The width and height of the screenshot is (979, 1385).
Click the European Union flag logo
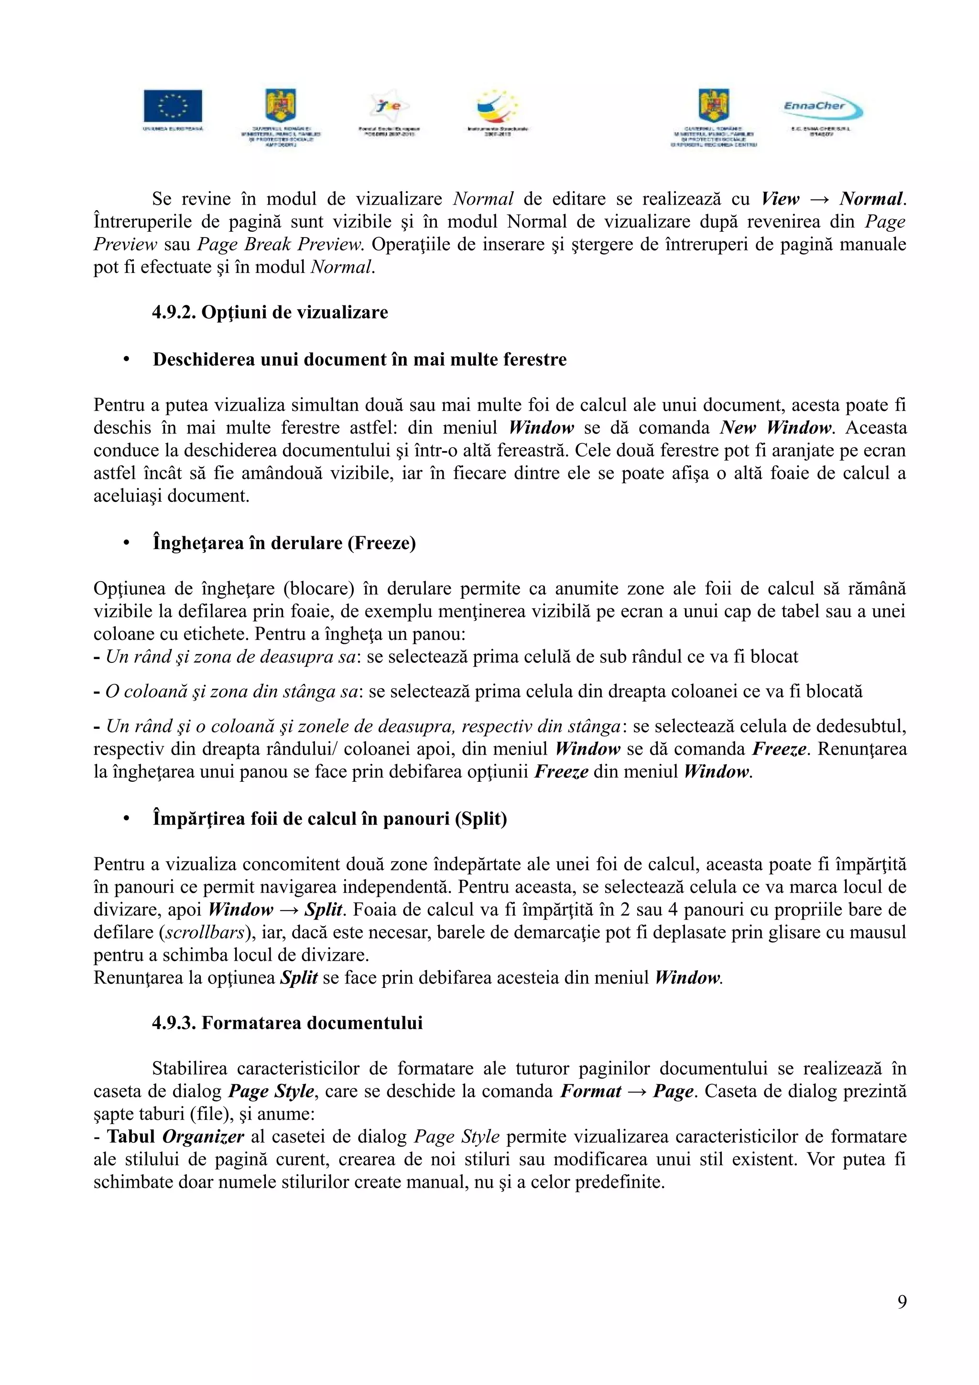(173, 106)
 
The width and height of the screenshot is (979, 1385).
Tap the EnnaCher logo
(822, 108)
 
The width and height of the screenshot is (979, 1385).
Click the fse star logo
(389, 107)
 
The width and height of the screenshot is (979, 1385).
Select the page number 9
(901, 1302)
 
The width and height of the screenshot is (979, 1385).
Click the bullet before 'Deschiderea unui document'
(127, 360)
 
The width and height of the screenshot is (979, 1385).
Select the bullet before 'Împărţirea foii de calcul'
(127, 819)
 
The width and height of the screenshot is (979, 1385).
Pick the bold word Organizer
(203, 1136)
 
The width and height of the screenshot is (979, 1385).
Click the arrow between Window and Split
(289, 909)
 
